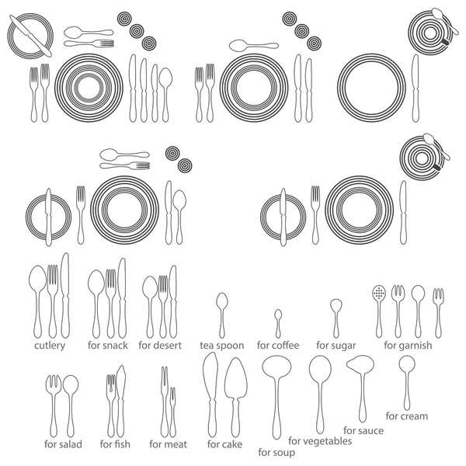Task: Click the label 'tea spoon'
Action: (x=221, y=346)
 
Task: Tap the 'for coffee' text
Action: (x=278, y=346)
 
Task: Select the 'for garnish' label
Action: (x=408, y=346)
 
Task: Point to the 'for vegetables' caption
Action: (x=320, y=441)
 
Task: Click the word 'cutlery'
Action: (x=50, y=346)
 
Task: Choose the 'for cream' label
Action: (x=406, y=416)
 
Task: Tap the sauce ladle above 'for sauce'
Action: (x=361, y=386)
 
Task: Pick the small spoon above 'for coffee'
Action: (x=278, y=324)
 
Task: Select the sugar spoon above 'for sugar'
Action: (x=336, y=318)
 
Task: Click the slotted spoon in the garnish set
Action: (x=379, y=311)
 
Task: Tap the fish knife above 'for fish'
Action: (x=120, y=401)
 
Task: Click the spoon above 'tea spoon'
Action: (x=221, y=315)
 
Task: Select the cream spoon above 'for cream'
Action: (x=407, y=382)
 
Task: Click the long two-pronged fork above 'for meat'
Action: (x=165, y=402)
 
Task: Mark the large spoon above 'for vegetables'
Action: (x=320, y=394)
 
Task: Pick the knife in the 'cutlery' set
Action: (x=65, y=295)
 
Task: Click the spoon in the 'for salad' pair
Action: (x=71, y=406)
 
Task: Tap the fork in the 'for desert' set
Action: (x=163, y=307)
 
